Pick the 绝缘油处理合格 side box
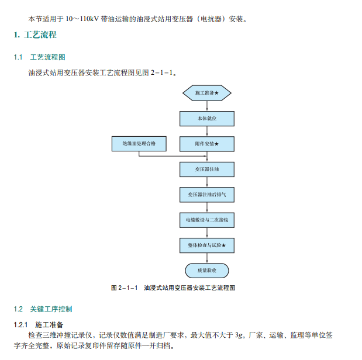pos(139,144)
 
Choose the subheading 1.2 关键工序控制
pos(43,309)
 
